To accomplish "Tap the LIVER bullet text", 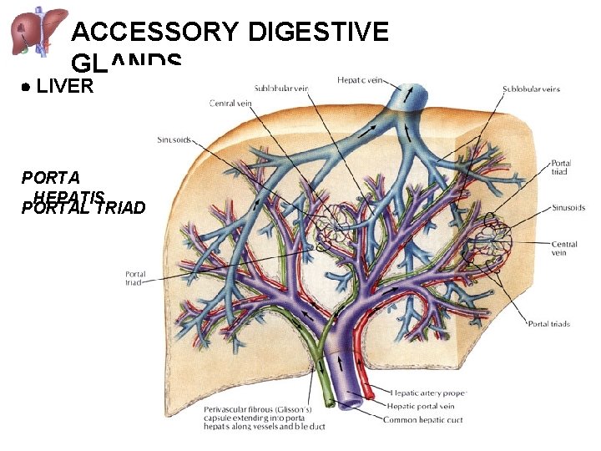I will (x=65, y=86).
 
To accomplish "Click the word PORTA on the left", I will (x=51, y=177).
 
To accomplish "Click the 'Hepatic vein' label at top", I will (x=361, y=80).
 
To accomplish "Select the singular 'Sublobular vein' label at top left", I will (x=281, y=88).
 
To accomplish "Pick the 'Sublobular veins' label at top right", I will (x=531, y=88).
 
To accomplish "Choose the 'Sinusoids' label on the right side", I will (x=568, y=208).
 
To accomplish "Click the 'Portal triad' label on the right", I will (x=561, y=167).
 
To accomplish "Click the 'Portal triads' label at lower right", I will (x=548, y=323).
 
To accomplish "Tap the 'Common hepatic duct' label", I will (x=425, y=419).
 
